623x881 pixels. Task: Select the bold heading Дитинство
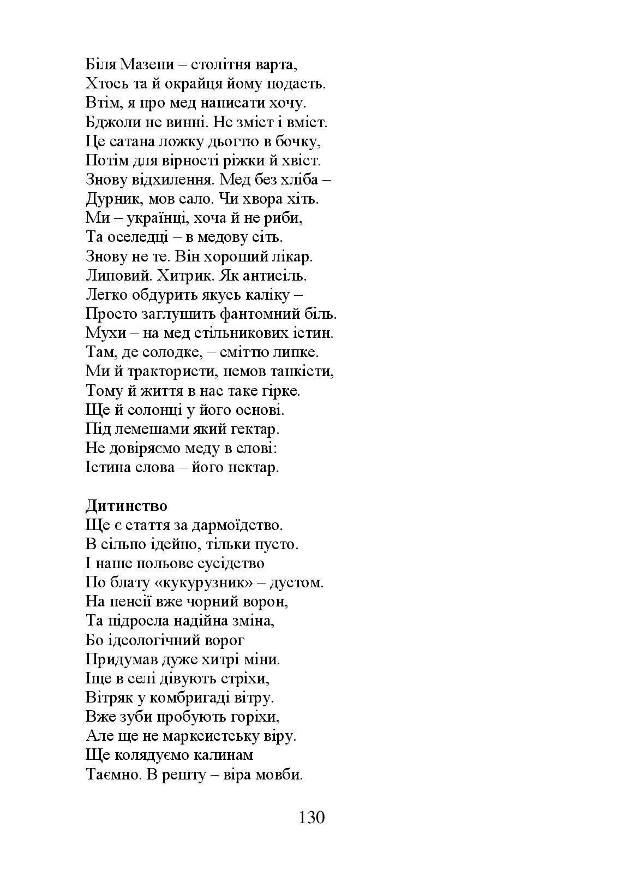[126, 506]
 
